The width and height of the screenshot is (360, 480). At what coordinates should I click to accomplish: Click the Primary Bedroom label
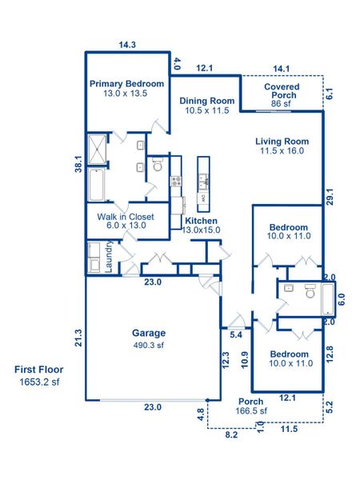pos(126,83)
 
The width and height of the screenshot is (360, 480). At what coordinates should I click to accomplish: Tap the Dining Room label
pos(206,100)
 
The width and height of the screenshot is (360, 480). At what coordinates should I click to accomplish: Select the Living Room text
pos(282,141)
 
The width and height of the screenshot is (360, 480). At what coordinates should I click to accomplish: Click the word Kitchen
pos(202,220)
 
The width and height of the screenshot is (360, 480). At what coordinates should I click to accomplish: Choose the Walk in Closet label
pos(126,217)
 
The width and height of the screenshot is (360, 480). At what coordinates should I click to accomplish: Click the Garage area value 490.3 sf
pos(149,346)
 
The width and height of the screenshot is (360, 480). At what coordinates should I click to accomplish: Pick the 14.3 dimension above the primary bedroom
pos(126,46)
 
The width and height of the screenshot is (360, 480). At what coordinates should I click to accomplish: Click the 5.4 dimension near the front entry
pos(235,335)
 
